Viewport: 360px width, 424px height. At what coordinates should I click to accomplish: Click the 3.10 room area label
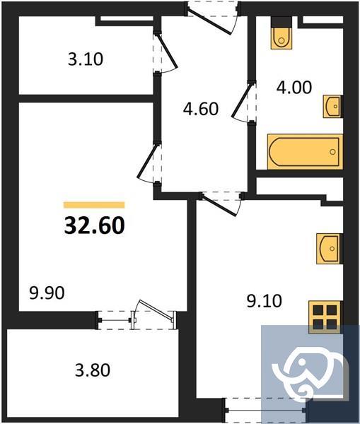point(86,60)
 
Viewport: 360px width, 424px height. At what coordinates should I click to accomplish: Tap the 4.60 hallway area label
point(200,110)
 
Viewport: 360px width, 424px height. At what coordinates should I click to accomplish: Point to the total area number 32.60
point(95,225)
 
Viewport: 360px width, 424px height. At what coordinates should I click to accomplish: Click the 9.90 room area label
point(47,292)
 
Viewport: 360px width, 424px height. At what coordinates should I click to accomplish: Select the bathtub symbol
point(303,151)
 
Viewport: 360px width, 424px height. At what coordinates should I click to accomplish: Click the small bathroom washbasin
point(332,106)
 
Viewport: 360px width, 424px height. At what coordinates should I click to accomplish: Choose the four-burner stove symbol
point(326,317)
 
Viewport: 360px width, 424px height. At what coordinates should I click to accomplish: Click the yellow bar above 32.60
point(94,205)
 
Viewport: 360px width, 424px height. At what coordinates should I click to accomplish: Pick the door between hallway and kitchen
point(223,201)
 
